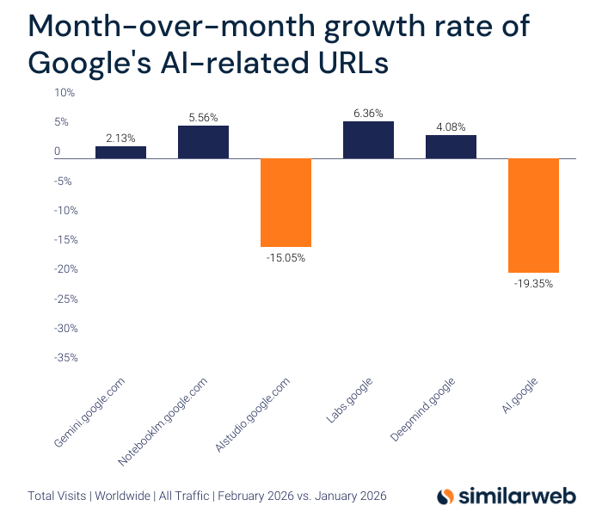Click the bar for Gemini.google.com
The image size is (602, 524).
(120, 152)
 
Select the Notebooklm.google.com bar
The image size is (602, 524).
(203, 142)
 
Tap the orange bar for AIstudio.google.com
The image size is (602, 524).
(286, 202)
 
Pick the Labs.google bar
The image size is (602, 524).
(368, 139)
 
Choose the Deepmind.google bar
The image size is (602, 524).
(451, 146)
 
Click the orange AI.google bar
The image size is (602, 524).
(533, 215)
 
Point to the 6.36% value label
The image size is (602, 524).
(368, 113)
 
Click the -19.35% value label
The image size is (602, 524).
(533, 283)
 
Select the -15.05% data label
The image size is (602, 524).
(286, 257)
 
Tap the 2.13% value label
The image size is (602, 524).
(120, 138)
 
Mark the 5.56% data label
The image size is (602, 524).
(203, 117)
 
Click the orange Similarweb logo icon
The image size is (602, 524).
(445, 496)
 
